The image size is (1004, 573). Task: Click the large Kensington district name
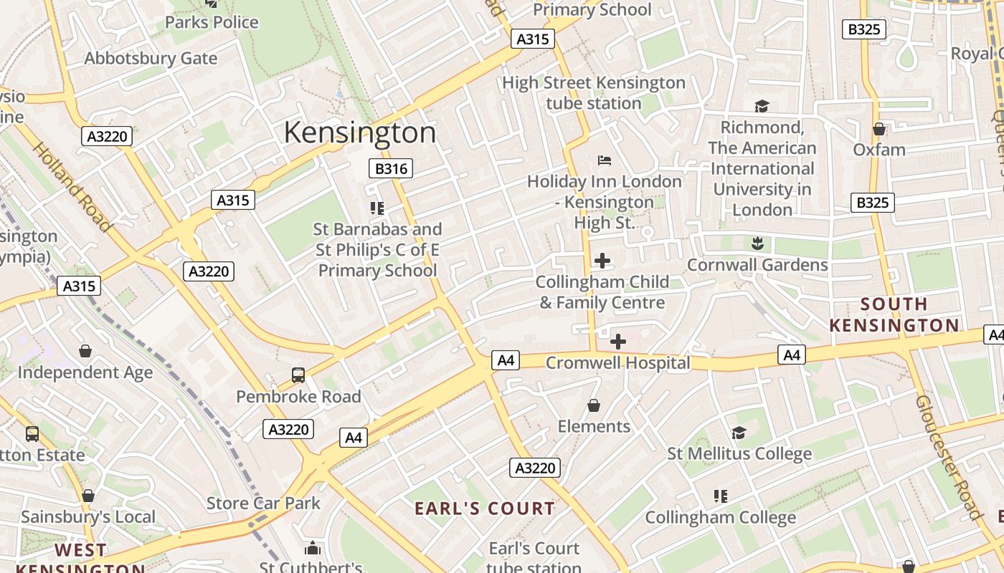tap(360, 133)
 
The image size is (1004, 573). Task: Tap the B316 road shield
tap(391, 169)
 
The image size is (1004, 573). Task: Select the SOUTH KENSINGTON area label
tap(894, 314)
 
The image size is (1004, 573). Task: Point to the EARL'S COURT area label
tap(485, 509)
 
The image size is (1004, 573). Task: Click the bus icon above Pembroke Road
tap(298, 375)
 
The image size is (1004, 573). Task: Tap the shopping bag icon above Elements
tap(594, 406)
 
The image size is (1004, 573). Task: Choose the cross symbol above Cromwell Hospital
tap(617, 342)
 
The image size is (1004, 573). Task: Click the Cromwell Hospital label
tap(617, 363)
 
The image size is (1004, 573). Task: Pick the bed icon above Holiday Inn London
tap(604, 160)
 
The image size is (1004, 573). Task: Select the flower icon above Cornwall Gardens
tap(757, 244)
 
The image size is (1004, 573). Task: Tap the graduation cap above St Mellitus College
tap(739, 433)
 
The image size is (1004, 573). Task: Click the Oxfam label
tap(879, 150)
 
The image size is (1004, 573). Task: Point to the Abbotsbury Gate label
tap(151, 59)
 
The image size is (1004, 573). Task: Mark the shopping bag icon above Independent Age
tap(85, 351)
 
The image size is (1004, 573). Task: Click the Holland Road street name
tap(72, 187)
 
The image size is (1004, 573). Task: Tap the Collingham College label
tap(720, 517)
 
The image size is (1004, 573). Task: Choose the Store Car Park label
tap(263, 503)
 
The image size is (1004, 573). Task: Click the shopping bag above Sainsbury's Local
tap(88, 496)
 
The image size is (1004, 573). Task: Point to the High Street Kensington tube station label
tap(593, 93)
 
